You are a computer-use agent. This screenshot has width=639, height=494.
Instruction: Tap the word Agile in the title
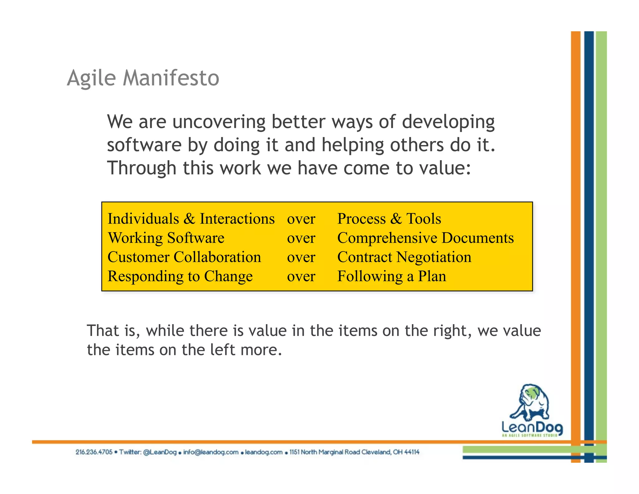(x=91, y=78)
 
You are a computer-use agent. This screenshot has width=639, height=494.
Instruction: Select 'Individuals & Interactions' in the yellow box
(x=191, y=219)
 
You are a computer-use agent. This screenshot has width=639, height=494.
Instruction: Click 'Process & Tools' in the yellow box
(x=389, y=219)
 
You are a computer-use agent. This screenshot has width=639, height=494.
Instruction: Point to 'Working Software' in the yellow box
(x=166, y=238)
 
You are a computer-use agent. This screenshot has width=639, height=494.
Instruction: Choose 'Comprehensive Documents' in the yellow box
(x=425, y=238)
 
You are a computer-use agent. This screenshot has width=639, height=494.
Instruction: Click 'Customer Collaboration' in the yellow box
(x=184, y=257)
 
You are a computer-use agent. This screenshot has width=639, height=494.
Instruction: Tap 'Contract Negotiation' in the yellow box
(x=404, y=257)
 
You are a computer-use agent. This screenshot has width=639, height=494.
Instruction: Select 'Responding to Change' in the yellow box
(x=180, y=277)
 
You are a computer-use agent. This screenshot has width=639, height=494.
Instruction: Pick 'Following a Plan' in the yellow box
(x=392, y=277)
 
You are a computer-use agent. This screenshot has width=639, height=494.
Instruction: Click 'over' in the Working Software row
(x=301, y=238)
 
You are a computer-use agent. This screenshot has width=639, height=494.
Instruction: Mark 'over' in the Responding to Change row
(x=301, y=277)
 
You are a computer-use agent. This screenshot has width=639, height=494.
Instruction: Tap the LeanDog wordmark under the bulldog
(x=532, y=427)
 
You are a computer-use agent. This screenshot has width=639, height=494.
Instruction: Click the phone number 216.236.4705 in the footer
(x=94, y=452)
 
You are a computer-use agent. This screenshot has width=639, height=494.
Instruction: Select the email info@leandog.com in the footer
(x=211, y=452)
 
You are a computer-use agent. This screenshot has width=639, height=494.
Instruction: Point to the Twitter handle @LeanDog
(x=160, y=452)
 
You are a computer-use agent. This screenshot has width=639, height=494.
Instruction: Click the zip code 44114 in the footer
(x=412, y=452)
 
